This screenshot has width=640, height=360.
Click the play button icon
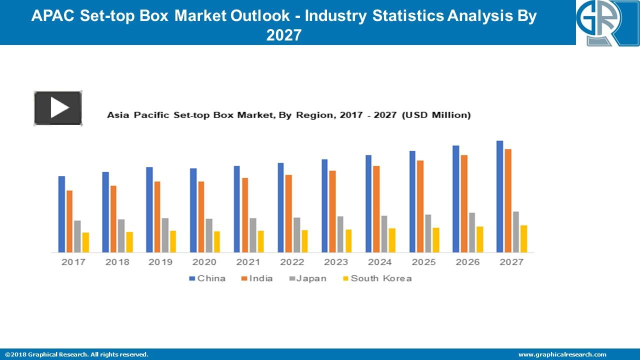tap(58, 108)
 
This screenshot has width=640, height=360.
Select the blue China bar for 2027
tap(499, 196)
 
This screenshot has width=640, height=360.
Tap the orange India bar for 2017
tap(69, 221)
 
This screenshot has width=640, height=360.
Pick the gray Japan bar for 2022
tap(297, 234)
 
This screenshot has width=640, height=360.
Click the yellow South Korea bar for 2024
tap(392, 240)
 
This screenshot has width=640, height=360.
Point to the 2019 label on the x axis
tap(160, 262)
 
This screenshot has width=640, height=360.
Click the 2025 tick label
tap(423, 262)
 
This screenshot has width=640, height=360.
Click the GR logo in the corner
tap(607, 23)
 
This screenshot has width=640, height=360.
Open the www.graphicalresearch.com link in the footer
tap(562, 354)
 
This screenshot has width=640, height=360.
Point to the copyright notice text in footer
tap(76, 354)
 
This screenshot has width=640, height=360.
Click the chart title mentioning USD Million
tap(289, 115)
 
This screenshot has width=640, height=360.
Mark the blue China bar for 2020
tap(193, 210)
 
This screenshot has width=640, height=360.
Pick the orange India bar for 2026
tap(464, 203)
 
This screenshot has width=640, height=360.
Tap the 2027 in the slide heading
tap(283, 35)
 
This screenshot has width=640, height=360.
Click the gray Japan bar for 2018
tap(121, 235)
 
